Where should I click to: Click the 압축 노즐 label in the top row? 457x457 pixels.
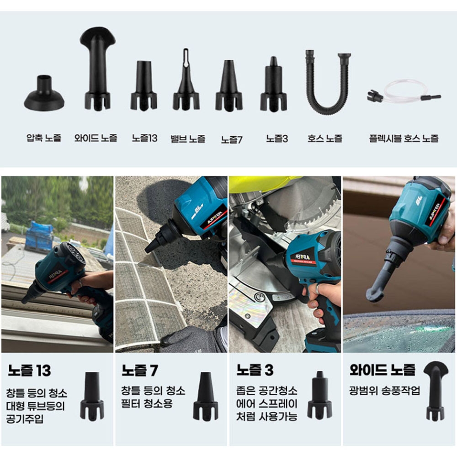coord(44,138)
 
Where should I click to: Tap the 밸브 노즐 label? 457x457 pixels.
coord(188,139)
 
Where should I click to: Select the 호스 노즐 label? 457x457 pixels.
coord(324,138)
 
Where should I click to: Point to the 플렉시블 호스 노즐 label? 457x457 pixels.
coord(404,138)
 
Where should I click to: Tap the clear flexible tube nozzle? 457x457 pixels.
coord(404,92)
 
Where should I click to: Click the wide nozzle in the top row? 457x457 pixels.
coord(98,69)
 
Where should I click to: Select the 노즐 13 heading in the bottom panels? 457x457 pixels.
coord(29,371)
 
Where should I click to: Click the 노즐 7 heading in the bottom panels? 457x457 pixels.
coord(140,371)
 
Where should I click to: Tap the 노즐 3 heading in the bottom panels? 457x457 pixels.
coord(255,370)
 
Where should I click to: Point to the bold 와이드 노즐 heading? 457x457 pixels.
coord(383,370)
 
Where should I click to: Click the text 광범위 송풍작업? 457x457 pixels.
coord(384,390)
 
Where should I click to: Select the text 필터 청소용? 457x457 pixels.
coord(147,404)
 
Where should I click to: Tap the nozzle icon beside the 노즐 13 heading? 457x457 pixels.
coord(92,396)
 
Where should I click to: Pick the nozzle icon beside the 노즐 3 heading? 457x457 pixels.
coord(319,395)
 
